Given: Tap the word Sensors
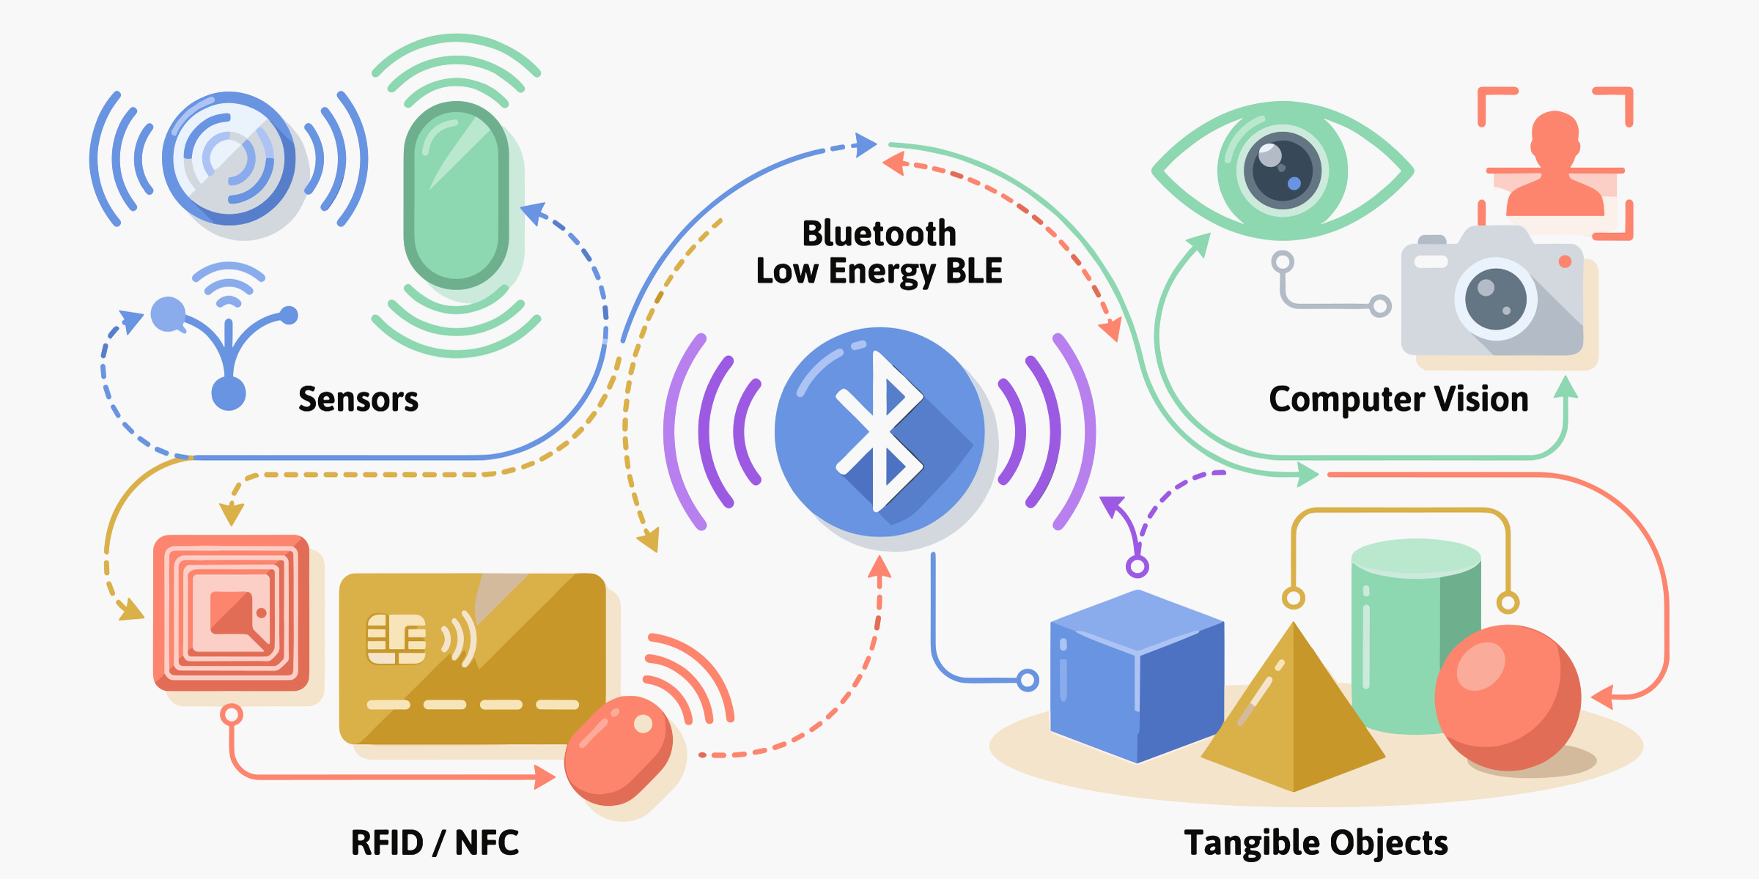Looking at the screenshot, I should pyautogui.click(x=358, y=399).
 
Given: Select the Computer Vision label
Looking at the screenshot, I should pyautogui.click(x=1398, y=399).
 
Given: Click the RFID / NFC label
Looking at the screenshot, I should pyautogui.click(x=435, y=842).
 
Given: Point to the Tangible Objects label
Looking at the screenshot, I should pyautogui.click(x=1316, y=842).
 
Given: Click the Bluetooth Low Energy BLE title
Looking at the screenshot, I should pyautogui.click(x=879, y=252).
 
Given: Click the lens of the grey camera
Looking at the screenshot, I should pyautogui.click(x=1495, y=299).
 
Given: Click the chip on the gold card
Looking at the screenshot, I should pyautogui.click(x=396, y=639).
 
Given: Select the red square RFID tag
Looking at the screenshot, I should pyautogui.click(x=231, y=612).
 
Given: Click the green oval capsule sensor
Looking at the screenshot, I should pyautogui.click(x=456, y=195).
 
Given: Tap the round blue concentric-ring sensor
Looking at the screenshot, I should pyautogui.click(x=229, y=157).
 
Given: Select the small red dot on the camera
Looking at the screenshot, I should pyautogui.click(x=1565, y=261).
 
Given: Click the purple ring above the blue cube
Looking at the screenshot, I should pyautogui.click(x=1137, y=566).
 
